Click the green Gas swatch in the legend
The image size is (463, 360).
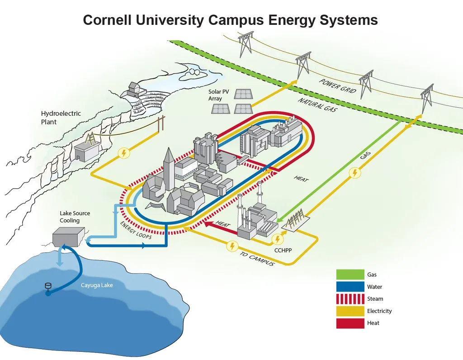(350, 275)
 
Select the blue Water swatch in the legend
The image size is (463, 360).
(350, 287)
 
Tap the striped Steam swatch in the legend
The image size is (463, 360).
(350, 299)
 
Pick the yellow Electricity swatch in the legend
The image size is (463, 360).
(350, 311)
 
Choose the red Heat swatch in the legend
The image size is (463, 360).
(350, 323)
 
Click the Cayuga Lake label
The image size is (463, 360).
(97, 285)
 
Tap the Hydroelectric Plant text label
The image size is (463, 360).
(61, 118)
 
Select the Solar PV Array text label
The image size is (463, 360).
(218, 95)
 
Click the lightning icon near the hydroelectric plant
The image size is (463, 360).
(123, 153)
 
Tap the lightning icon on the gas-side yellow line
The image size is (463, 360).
(355, 173)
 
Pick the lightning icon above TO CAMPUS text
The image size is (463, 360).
(232, 246)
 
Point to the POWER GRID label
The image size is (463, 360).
(337, 86)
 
